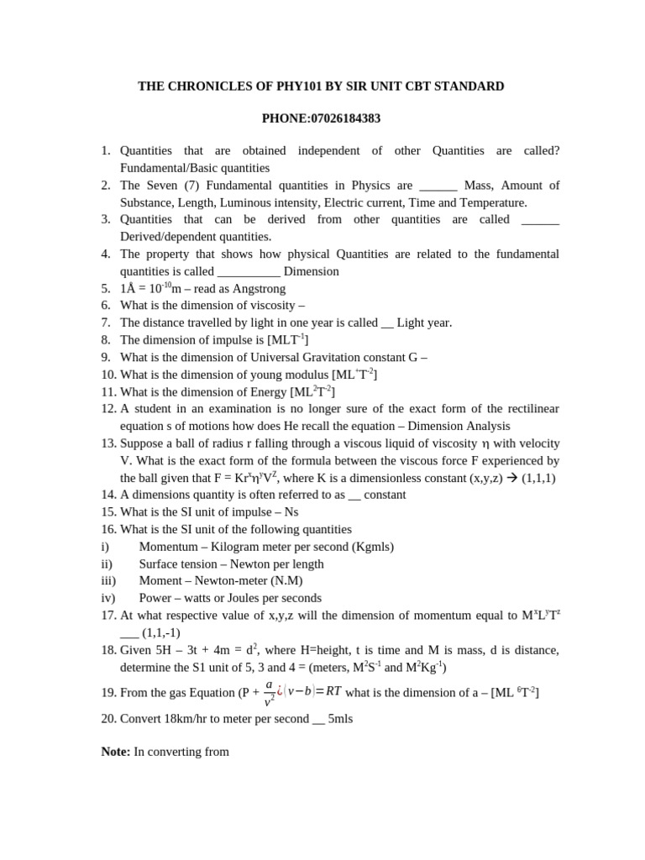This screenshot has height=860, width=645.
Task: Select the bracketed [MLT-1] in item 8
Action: [x=288, y=339]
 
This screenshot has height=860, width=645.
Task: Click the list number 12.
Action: [x=107, y=409]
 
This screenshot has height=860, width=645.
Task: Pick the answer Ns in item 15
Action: [x=291, y=512]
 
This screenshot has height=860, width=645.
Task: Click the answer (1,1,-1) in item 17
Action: [x=161, y=632]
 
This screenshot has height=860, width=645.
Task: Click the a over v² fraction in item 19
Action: [x=268, y=693]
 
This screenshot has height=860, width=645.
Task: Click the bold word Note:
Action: [x=116, y=752]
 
